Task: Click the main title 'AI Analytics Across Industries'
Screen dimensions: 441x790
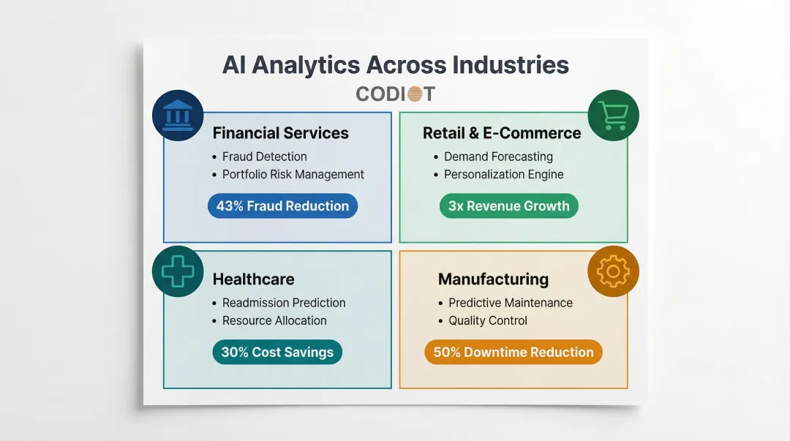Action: point(395,64)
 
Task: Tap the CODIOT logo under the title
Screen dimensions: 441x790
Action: point(395,94)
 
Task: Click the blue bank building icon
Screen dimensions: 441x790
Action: point(178,116)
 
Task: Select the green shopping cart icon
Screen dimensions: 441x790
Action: point(613,116)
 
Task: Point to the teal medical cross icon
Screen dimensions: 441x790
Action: point(178,271)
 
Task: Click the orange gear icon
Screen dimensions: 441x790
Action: point(613,272)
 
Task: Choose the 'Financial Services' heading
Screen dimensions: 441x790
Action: point(280,133)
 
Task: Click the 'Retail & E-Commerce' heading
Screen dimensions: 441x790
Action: point(502,133)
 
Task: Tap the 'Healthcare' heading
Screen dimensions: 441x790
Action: point(253,279)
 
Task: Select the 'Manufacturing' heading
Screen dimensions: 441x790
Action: point(493,279)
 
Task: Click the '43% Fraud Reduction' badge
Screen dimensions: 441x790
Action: point(282,206)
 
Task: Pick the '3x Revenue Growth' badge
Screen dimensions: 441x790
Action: point(508,206)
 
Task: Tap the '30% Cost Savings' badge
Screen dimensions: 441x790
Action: point(277,353)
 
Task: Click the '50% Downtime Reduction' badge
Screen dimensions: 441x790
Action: point(513,353)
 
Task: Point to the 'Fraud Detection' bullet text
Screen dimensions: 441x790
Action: point(265,157)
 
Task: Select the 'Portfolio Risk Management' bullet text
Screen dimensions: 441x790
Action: point(293,175)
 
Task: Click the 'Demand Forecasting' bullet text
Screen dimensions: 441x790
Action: point(498,157)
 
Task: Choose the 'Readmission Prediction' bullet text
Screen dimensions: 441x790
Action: point(284,303)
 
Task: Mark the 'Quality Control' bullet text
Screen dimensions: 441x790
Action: point(488,321)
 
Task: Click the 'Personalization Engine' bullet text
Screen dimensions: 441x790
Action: point(504,175)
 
